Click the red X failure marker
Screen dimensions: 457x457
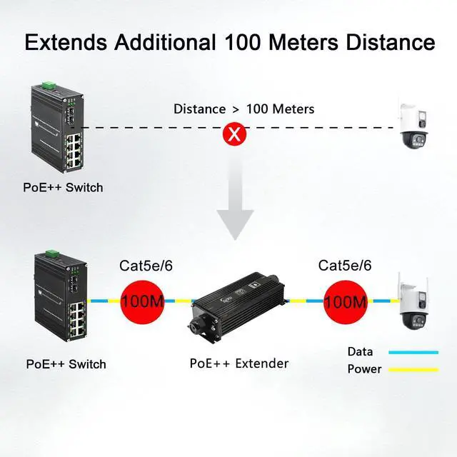(231, 134)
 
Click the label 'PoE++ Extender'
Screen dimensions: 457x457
(239, 363)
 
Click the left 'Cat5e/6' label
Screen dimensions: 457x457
(146, 266)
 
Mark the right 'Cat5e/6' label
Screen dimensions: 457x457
(345, 266)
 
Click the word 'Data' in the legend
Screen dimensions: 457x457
(361, 351)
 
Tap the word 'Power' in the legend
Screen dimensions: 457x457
(364, 369)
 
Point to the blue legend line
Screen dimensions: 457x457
(413, 352)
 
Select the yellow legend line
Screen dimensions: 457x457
(413, 370)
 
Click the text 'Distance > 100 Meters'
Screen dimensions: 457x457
(243, 109)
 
